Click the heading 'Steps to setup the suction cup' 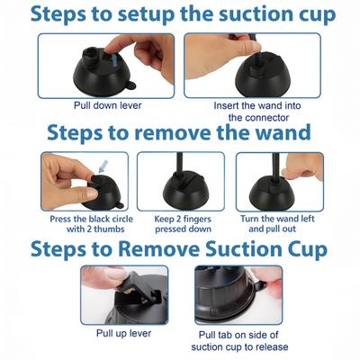point(180,14)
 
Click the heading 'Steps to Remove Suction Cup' point(180,247)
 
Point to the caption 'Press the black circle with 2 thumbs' point(80,223)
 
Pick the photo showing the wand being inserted point(252,65)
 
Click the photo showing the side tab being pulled point(238,293)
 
